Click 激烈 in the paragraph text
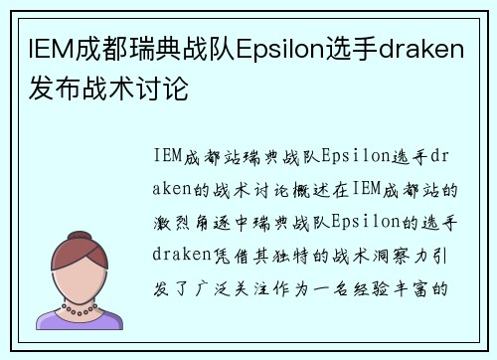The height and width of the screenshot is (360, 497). pyautogui.click(x=173, y=220)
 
